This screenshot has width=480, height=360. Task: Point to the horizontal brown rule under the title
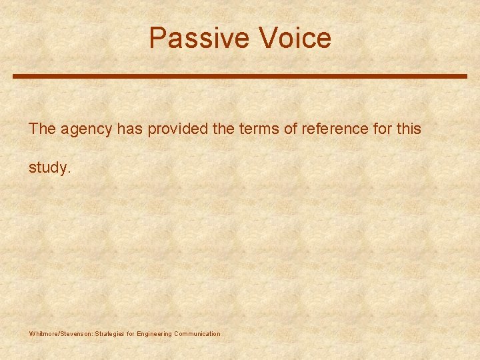(240, 76)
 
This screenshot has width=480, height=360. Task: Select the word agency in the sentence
(87, 129)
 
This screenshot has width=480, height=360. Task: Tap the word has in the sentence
(130, 129)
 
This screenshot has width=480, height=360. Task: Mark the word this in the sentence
(408, 129)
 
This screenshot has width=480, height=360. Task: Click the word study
(47, 168)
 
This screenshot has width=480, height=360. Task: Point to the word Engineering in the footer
(154, 333)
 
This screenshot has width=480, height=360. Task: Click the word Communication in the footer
(197, 333)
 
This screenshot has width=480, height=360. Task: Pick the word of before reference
(290, 129)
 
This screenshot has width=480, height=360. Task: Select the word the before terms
(221, 129)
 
